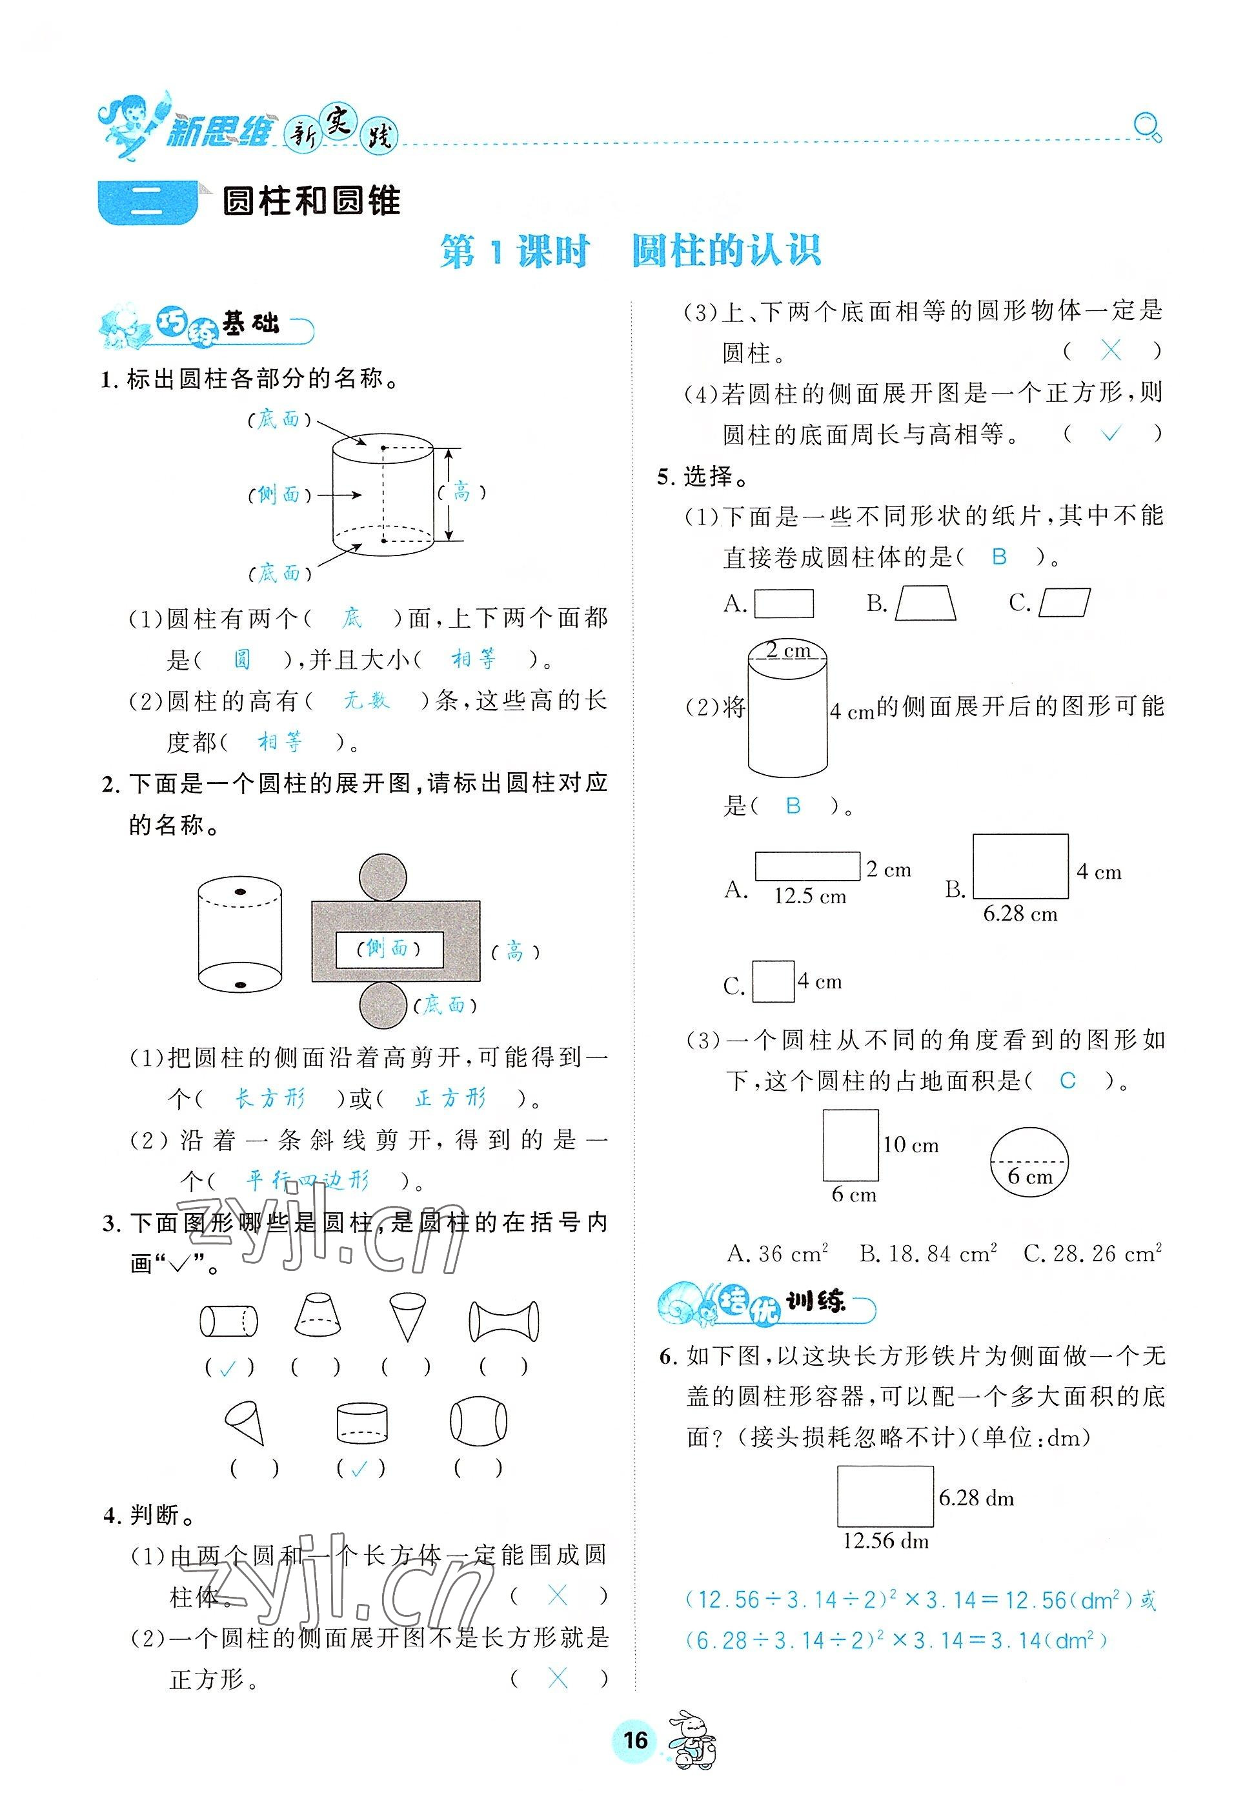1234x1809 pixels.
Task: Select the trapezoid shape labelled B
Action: (x=925, y=603)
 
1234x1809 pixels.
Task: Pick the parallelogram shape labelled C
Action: (x=1064, y=603)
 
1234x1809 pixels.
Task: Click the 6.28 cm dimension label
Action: (x=1020, y=914)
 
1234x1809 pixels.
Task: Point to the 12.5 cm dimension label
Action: (x=810, y=896)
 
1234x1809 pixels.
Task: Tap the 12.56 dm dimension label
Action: (x=885, y=1541)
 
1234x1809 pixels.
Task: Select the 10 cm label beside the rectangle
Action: (x=910, y=1144)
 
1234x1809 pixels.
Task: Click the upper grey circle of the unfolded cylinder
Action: (x=383, y=877)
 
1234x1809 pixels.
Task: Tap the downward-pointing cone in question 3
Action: (x=407, y=1316)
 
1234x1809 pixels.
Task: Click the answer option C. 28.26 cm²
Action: (x=1091, y=1254)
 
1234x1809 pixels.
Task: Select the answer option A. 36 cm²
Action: (x=777, y=1254)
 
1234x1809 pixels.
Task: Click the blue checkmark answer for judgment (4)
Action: (x=1111, y=434)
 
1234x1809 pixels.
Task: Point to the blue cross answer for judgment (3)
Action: (x=1111, y=351)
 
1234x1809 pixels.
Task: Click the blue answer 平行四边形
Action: (x=307, y=1181)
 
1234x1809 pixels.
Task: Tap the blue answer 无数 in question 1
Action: (x=366, y=701)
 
